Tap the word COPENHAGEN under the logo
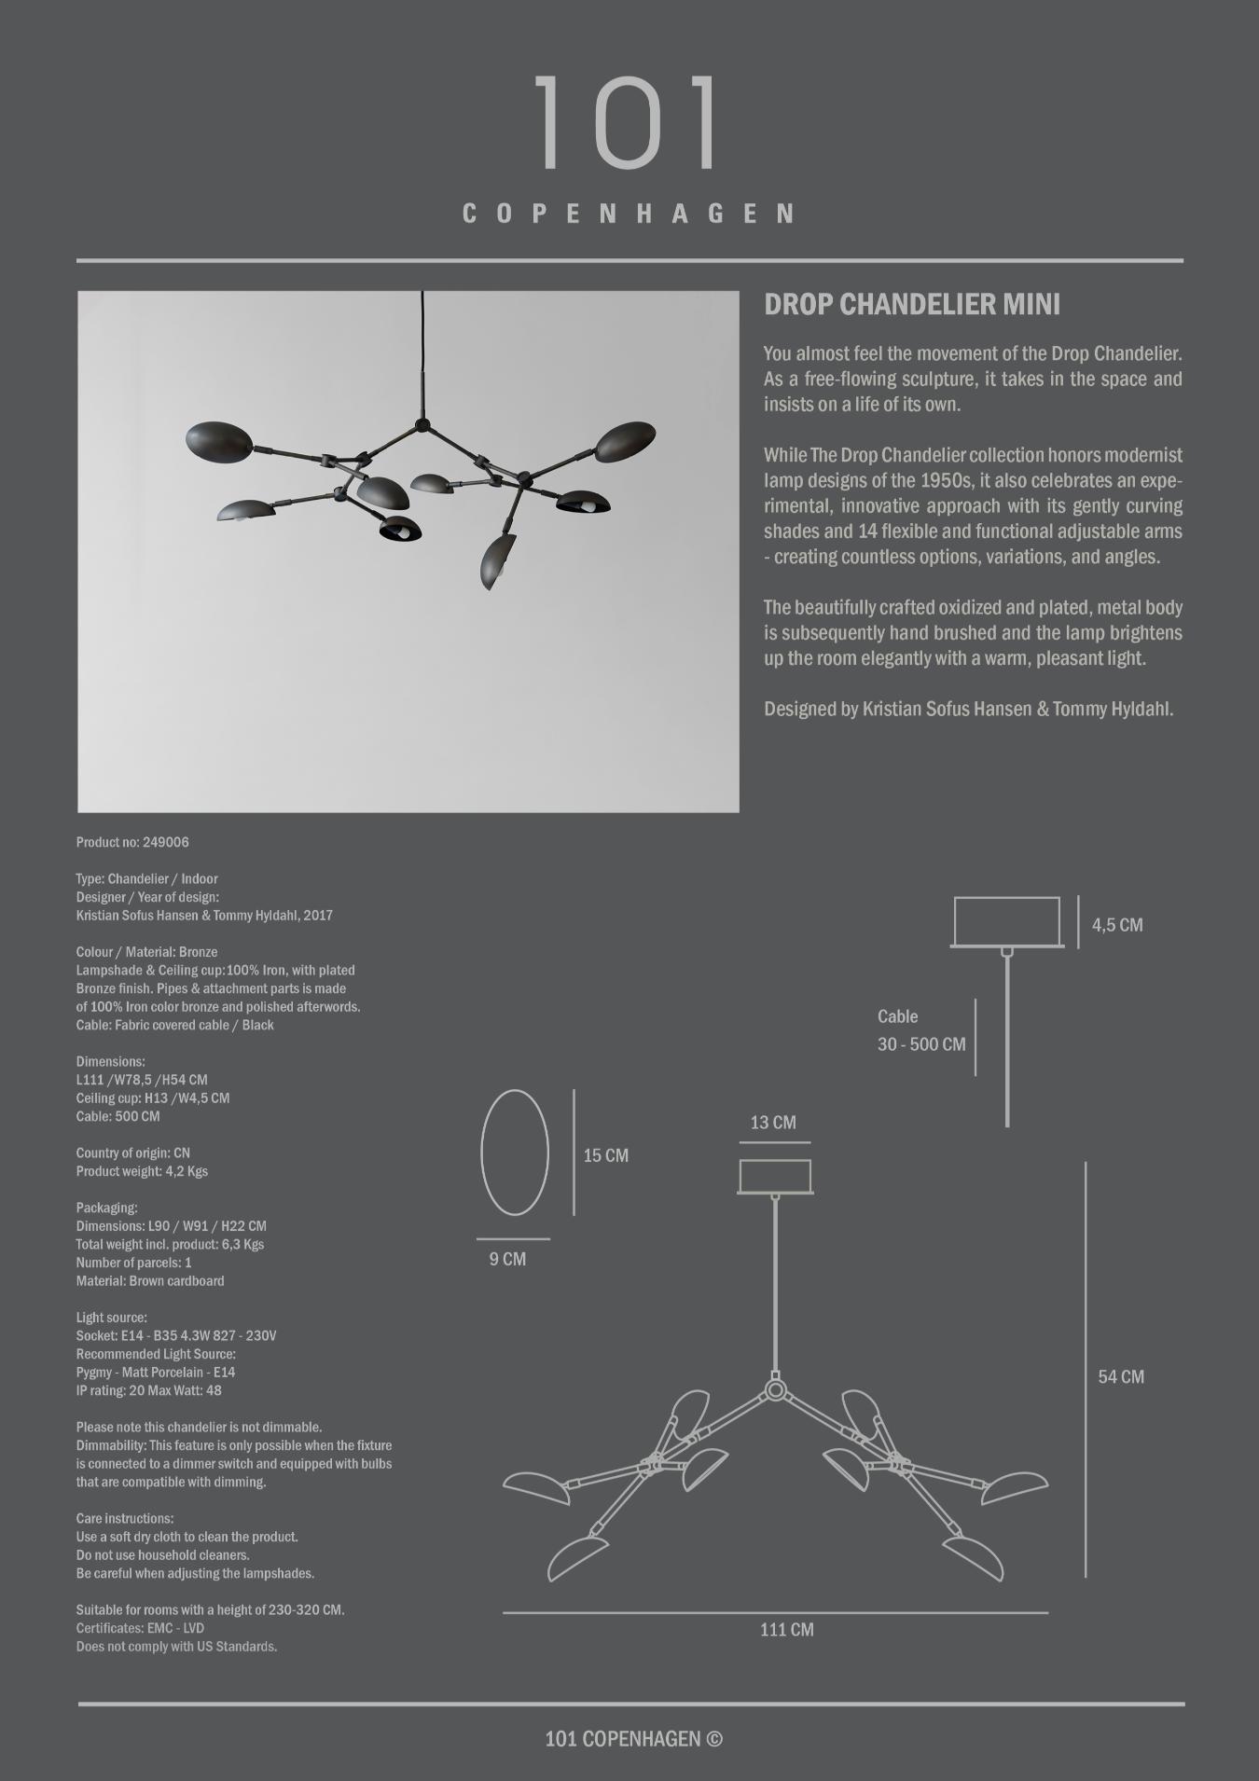[x=629, y=214]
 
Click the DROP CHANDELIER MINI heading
[x=911, y=305]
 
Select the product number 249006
[x=165, y=842]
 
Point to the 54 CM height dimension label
[x=1120, y=1376]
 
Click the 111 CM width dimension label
[x=786, y=1629]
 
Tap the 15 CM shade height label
[x=605, y=1155]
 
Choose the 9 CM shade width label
[x=507, y=1259]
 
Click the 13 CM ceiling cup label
[x=773, y=1123]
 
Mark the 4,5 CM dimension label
[x=1116, y=925]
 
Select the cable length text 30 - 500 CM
[x=920, y=1044]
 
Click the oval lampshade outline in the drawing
[x=515, y=1153]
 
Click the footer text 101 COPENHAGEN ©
[x=633, y=1738]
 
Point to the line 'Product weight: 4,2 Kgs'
[x=142, y=1171]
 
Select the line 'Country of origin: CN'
[x=132, y=1153]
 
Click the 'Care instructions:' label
[x=124, y=1518]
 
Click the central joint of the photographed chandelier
[x=422, y=425]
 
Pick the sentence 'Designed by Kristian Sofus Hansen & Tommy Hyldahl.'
[x=968, y=709]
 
